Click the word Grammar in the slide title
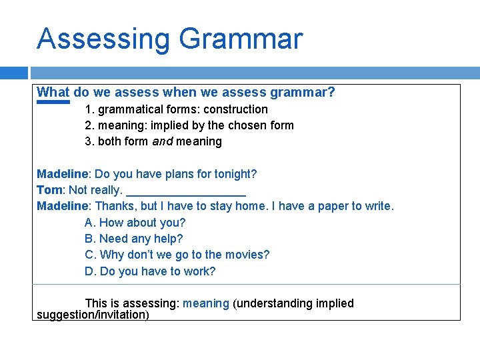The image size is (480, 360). [241, 39]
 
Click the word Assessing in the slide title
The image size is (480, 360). [103, 39]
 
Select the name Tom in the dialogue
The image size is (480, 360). [49, 190]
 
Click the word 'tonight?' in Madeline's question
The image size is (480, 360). [236, 174]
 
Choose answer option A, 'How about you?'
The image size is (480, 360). [135, 223]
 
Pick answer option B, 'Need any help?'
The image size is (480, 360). [133, 239]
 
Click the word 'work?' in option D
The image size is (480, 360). [201, 271]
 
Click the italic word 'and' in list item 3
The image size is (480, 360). [163, 141]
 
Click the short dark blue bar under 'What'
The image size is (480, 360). [53, 103]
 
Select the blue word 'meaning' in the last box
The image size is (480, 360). [206, 303]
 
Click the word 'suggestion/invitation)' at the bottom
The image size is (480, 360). [93, 315]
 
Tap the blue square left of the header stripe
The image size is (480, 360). [14, 73]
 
